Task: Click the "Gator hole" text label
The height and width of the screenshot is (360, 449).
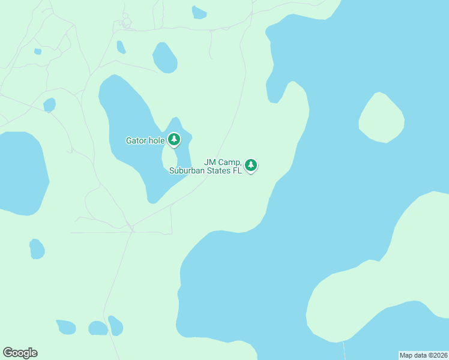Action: pyautogui.click(x=145, y=141)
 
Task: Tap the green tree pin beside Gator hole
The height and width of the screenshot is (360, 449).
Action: pyautogui.click(x=174, y=140)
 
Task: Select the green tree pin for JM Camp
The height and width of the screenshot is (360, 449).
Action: pyautogui.click(x=251, y=165)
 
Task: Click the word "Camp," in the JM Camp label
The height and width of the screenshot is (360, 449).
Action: pyautogui.click(x=231, y=162)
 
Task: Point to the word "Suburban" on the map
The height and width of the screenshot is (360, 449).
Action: pyautogui.click(x=187, y=170)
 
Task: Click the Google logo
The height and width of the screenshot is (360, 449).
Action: pyautogui.click(x=20, y=353)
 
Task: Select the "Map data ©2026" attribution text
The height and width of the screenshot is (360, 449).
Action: pyautogui.click(x=423, y=355)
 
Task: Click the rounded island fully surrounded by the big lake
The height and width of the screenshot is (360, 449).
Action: pyautogui.click(x=381, y=118)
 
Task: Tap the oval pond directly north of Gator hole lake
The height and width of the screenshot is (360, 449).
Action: pyautogui.click(x=164, y=58)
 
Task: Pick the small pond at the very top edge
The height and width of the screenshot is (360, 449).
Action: pyautogui.click(x=199, y=12)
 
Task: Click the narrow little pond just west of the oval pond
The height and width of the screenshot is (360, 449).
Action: pyautogui.click(x=121, y=47)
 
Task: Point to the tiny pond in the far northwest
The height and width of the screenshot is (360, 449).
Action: pyautogui.click(x=38, y=52)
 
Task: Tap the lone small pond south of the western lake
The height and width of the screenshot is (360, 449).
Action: pyautogui.click(x=37, y=248)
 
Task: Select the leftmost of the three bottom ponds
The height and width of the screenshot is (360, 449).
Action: pyautogui.click(x=66, y=327)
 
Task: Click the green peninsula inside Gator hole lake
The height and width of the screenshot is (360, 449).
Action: pyautogui.click(x=170, y=158)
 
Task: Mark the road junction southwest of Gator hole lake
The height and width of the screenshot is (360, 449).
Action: pyautogui.click(x=130, y=227)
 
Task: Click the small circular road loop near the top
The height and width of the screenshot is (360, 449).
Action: pyautogui.click(x=125, y=23)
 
